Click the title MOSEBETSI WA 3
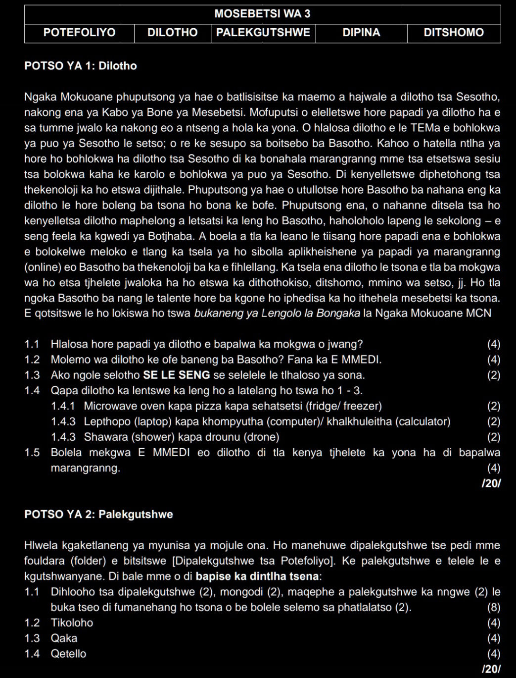tap(262, 14)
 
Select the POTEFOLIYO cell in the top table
tap(79, 33)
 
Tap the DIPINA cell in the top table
tap(361, 33)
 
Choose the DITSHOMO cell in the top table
tap(454, 33)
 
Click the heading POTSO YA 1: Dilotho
tap(81, 66)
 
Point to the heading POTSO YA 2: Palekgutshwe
tap(98, 515)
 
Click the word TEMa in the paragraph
tap(424, 128)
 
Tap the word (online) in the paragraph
tap(43, 267)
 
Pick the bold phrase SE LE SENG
tap(176, 375)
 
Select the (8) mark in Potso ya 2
tap(493, 607)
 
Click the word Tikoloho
tap(72, 623)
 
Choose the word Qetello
tap(68, 654)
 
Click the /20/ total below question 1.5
tap(491, 483)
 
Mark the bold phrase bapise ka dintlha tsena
tap(257, 576)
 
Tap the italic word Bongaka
tap(339, 313)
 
